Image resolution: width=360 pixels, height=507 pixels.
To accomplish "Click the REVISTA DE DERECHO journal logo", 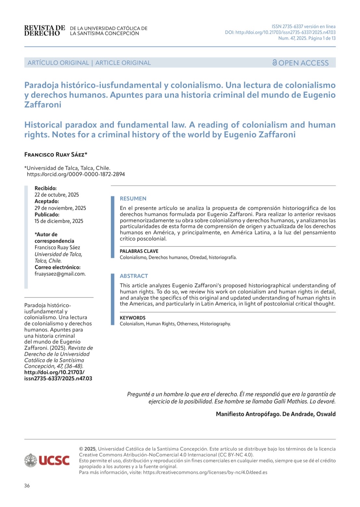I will pos(45,31).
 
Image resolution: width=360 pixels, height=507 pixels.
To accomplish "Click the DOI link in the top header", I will pos(280,33).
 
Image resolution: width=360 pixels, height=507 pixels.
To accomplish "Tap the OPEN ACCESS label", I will pos(300,63).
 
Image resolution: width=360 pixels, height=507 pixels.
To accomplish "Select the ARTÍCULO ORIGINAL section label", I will pos(58,63).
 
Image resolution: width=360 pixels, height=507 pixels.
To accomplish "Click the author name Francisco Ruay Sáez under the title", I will pos(56,154).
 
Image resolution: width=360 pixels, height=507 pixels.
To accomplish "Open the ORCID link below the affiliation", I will pos(76,174).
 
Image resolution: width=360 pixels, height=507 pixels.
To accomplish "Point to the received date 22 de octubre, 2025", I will pos(57,195).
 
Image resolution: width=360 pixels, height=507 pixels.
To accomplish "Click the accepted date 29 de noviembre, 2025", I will pos(60,208).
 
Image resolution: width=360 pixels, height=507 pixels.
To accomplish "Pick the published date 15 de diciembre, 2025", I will pos(59,221).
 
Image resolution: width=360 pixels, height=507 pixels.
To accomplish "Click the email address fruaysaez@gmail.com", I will pos(60,274).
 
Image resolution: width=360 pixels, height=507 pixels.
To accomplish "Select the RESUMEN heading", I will pos(133,199).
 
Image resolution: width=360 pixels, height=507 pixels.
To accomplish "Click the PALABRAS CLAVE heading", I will pos(139,251).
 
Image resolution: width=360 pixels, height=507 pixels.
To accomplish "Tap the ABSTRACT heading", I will pos(134,276).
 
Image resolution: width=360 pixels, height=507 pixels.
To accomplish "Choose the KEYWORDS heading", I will pos(132,318).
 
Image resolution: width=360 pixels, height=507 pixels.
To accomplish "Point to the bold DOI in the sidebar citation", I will pos(58,375).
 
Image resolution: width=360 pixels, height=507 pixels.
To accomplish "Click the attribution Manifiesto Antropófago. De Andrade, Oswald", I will pos(275,414).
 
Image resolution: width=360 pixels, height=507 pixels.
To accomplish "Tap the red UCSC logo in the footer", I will pos(54,460).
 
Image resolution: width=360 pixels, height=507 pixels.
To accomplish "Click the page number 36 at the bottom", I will pos(27,486).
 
